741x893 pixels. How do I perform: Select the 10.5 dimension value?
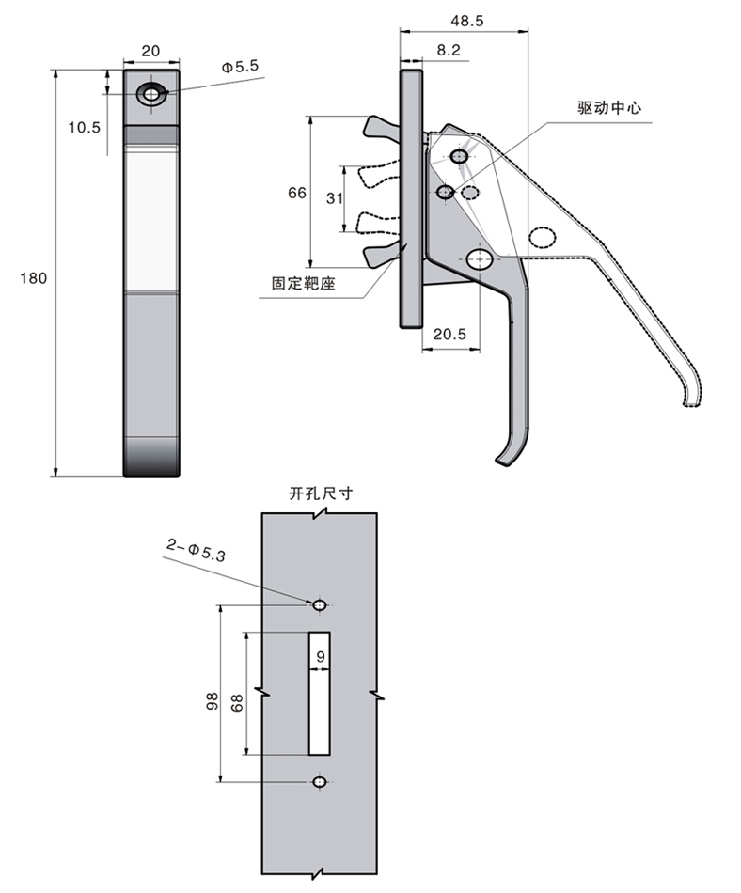(x=85, y=127)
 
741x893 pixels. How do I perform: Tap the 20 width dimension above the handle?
(x=150, y=53)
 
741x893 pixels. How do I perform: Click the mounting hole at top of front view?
(x=150, y=94)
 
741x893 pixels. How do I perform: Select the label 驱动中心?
(x=609, y=108)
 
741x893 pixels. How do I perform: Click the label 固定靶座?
(x=304, y=283)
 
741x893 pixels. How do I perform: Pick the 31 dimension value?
(x=333, y=198)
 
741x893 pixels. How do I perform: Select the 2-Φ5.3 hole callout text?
(x=196, y=548)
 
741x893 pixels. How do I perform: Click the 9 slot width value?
(x=321, y=656)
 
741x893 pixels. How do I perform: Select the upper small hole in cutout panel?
(x=320, y=604)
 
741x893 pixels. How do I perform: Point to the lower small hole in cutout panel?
(x=320, y=782)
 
